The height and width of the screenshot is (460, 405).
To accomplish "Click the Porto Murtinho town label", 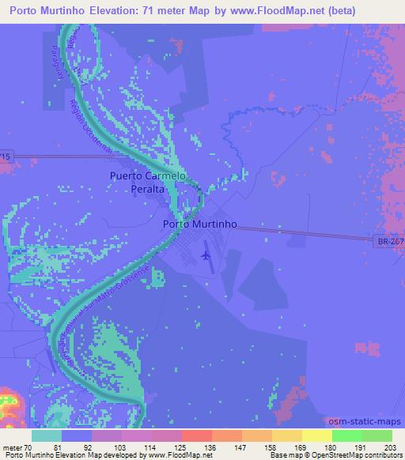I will point(199,224).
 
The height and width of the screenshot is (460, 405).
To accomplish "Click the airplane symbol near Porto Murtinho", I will point(207,255).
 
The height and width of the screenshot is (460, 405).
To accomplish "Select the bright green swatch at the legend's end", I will point(377,435).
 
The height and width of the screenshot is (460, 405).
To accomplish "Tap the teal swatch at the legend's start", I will point(47,435).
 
